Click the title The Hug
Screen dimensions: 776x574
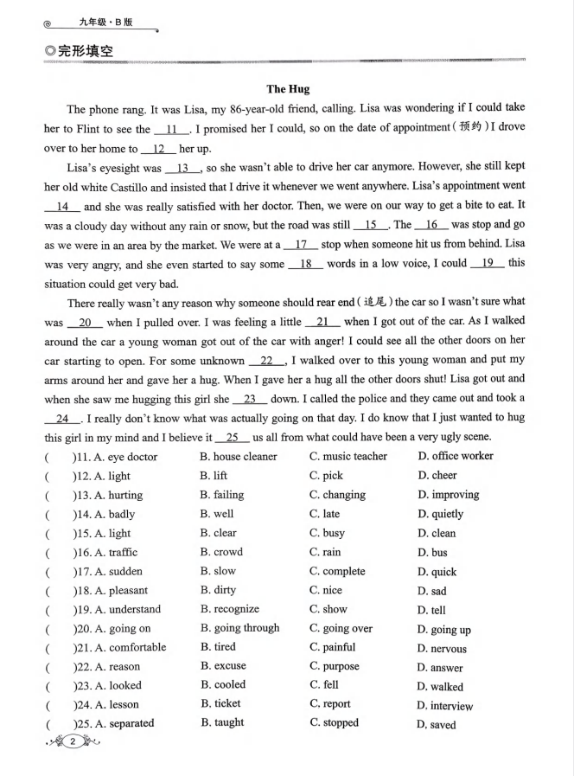(x=288, y=88)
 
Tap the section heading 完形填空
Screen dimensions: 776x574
(x=84, y=52)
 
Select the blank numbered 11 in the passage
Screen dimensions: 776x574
(x=171, y=130)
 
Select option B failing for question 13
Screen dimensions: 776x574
(x=222, y=495)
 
